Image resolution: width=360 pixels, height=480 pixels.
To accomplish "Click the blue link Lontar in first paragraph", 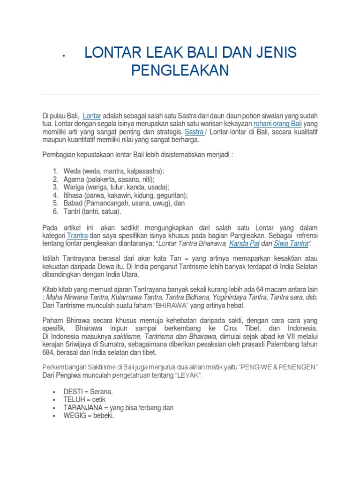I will [x=92, y=115].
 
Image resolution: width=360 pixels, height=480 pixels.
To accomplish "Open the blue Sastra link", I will [x=194, y=132].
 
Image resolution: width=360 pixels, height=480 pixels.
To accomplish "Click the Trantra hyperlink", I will [x=77, y=235].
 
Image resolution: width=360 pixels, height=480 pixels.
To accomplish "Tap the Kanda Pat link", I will [x=244, y=244].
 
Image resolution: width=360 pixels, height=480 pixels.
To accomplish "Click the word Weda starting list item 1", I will [x=73, y=171].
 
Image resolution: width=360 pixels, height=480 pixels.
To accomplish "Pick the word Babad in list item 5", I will [x=74, y=203].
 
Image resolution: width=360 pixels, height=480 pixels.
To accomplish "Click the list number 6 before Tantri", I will [x=55, y=211].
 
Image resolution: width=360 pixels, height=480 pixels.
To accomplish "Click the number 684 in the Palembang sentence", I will [x=49, y=352].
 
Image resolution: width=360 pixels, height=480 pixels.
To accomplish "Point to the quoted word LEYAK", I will [x=188, y=376].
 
